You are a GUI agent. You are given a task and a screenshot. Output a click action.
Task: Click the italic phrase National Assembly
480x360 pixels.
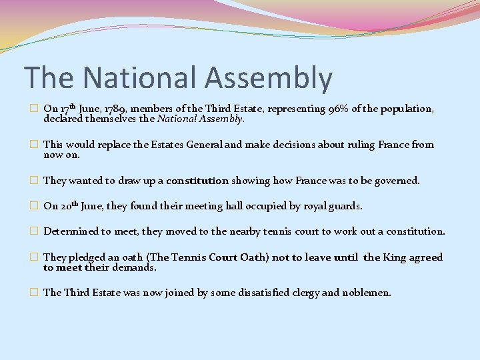tap(201, 119)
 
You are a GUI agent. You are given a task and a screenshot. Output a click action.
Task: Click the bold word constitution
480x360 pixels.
tap(197, 181)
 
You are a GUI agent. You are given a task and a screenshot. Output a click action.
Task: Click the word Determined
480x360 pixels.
tap(71, 231)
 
